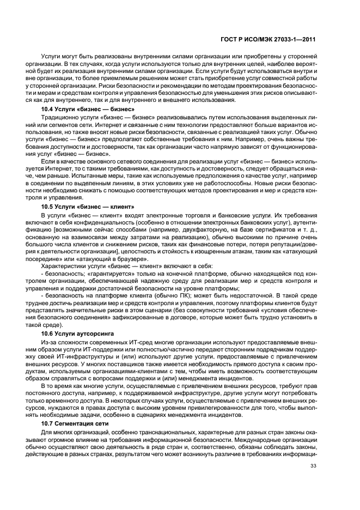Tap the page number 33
pos(313,480)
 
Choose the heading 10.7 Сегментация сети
pos(70,423)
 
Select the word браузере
pos(133,260)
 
